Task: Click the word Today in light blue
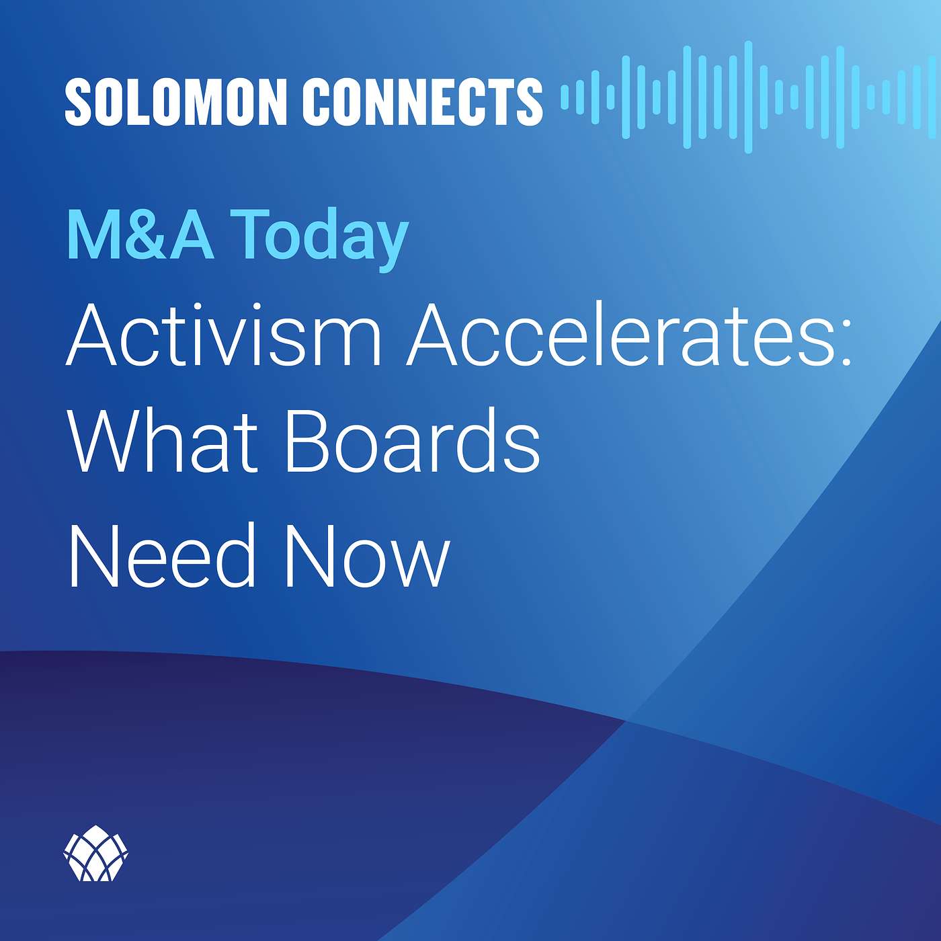319,239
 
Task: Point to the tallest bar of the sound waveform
747,97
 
